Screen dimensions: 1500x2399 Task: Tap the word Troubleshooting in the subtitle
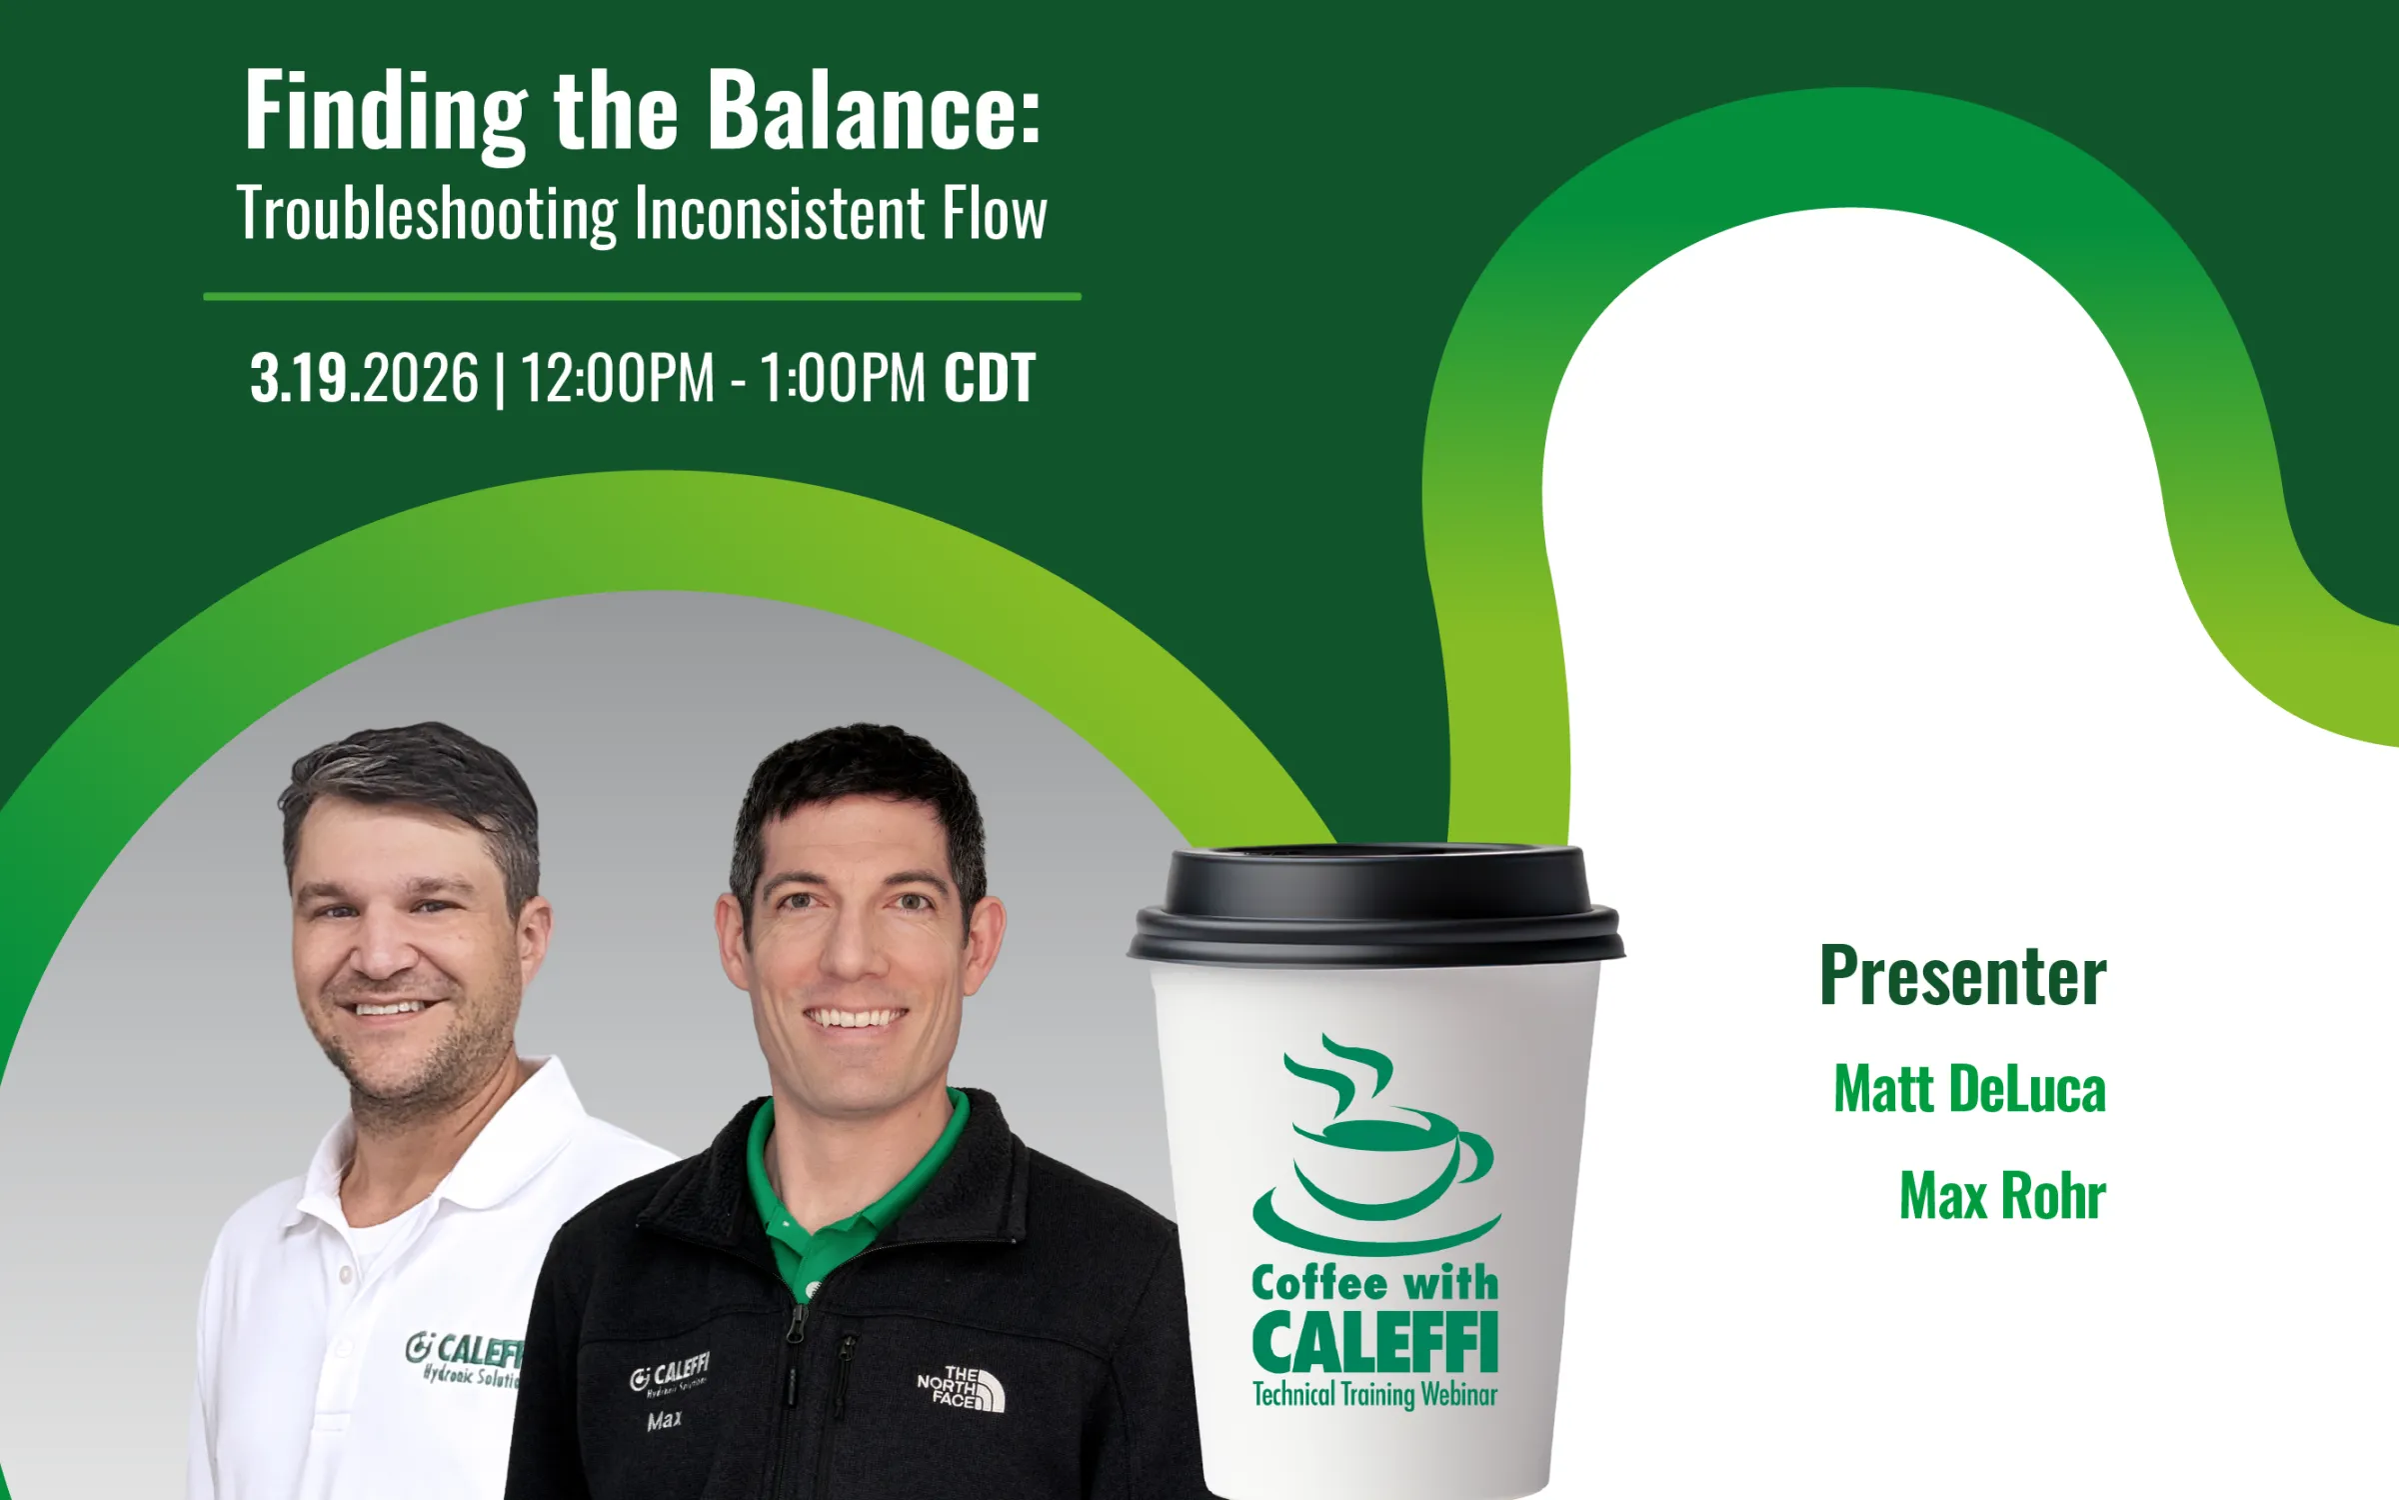pyautogui.click(x=428, y=215)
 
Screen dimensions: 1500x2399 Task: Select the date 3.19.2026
pyautogui.click(x=364, y=379)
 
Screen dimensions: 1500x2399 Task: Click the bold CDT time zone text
pyautogui.click(x=989, y=379)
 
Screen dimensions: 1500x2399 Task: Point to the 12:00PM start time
pyautogui.click(x=618, y=379)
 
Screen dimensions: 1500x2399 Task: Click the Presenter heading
pyautogui.click(x=1962, y=976)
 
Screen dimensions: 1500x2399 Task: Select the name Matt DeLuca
pyautogui.click(x=1969, y=1089)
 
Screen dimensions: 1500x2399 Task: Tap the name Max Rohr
pyautogui.click(x=2002, y=1196)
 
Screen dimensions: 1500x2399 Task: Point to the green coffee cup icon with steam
pyautogui.click(x=1375, y=1150)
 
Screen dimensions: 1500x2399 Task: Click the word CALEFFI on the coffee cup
pyautogui.click(x=1375, y=1344)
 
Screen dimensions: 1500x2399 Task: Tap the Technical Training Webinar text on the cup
pyautogui.click(x=1375, y=1395)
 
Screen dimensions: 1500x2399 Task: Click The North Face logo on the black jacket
pyautogui.click(x=961, y=1390)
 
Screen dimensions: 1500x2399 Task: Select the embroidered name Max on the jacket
pyautogui.click(x=665, y=1421)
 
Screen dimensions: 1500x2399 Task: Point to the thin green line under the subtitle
pyautogui.click(x=642, y=297)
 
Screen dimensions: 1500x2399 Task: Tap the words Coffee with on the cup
pyautogui.click(x=1375, y=1283)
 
